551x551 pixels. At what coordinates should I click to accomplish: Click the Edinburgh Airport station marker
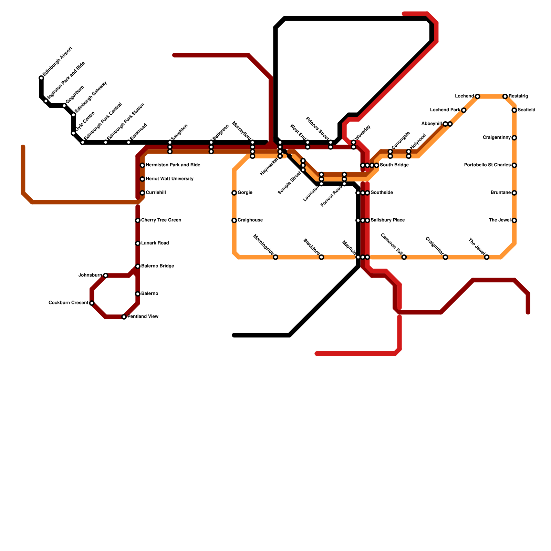41,78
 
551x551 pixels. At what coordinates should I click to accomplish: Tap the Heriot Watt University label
169,179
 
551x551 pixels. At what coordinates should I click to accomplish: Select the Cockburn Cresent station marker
92,303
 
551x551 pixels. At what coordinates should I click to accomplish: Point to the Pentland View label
143,317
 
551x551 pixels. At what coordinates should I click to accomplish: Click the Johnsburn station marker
105,275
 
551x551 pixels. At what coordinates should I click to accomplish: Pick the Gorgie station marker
234,193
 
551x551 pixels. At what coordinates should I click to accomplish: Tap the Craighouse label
250,220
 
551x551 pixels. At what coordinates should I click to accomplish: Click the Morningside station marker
275,257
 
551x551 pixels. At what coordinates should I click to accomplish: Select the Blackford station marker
321,257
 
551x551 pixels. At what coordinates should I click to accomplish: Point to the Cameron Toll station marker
404,257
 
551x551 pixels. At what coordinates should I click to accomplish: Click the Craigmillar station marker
445,257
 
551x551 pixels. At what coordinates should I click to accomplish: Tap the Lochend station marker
477,96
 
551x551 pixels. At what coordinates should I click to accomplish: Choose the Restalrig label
518,96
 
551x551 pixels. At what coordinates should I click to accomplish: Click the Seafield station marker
514,110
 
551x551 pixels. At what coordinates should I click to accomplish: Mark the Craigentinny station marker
514,138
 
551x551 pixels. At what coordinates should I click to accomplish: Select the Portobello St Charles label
487,165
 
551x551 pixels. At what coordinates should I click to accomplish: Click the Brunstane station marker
514,193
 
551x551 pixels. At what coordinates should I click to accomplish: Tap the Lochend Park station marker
464,110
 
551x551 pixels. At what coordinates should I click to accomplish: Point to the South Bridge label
394,165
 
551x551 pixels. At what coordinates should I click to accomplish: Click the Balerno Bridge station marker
138,266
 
